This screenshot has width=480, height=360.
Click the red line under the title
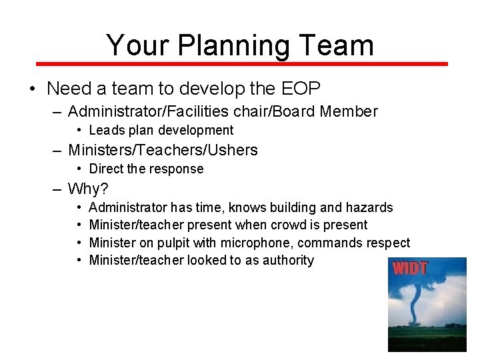click(x=240, y=64)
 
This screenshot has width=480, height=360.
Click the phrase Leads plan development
click(x=161, y=131)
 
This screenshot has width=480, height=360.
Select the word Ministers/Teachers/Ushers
click(x=163, y=150)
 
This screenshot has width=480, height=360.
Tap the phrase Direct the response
click(x=146, y=169)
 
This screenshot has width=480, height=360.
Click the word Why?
click(x=88, y=189)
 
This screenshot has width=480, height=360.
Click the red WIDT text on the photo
click(x=410, y=269)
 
